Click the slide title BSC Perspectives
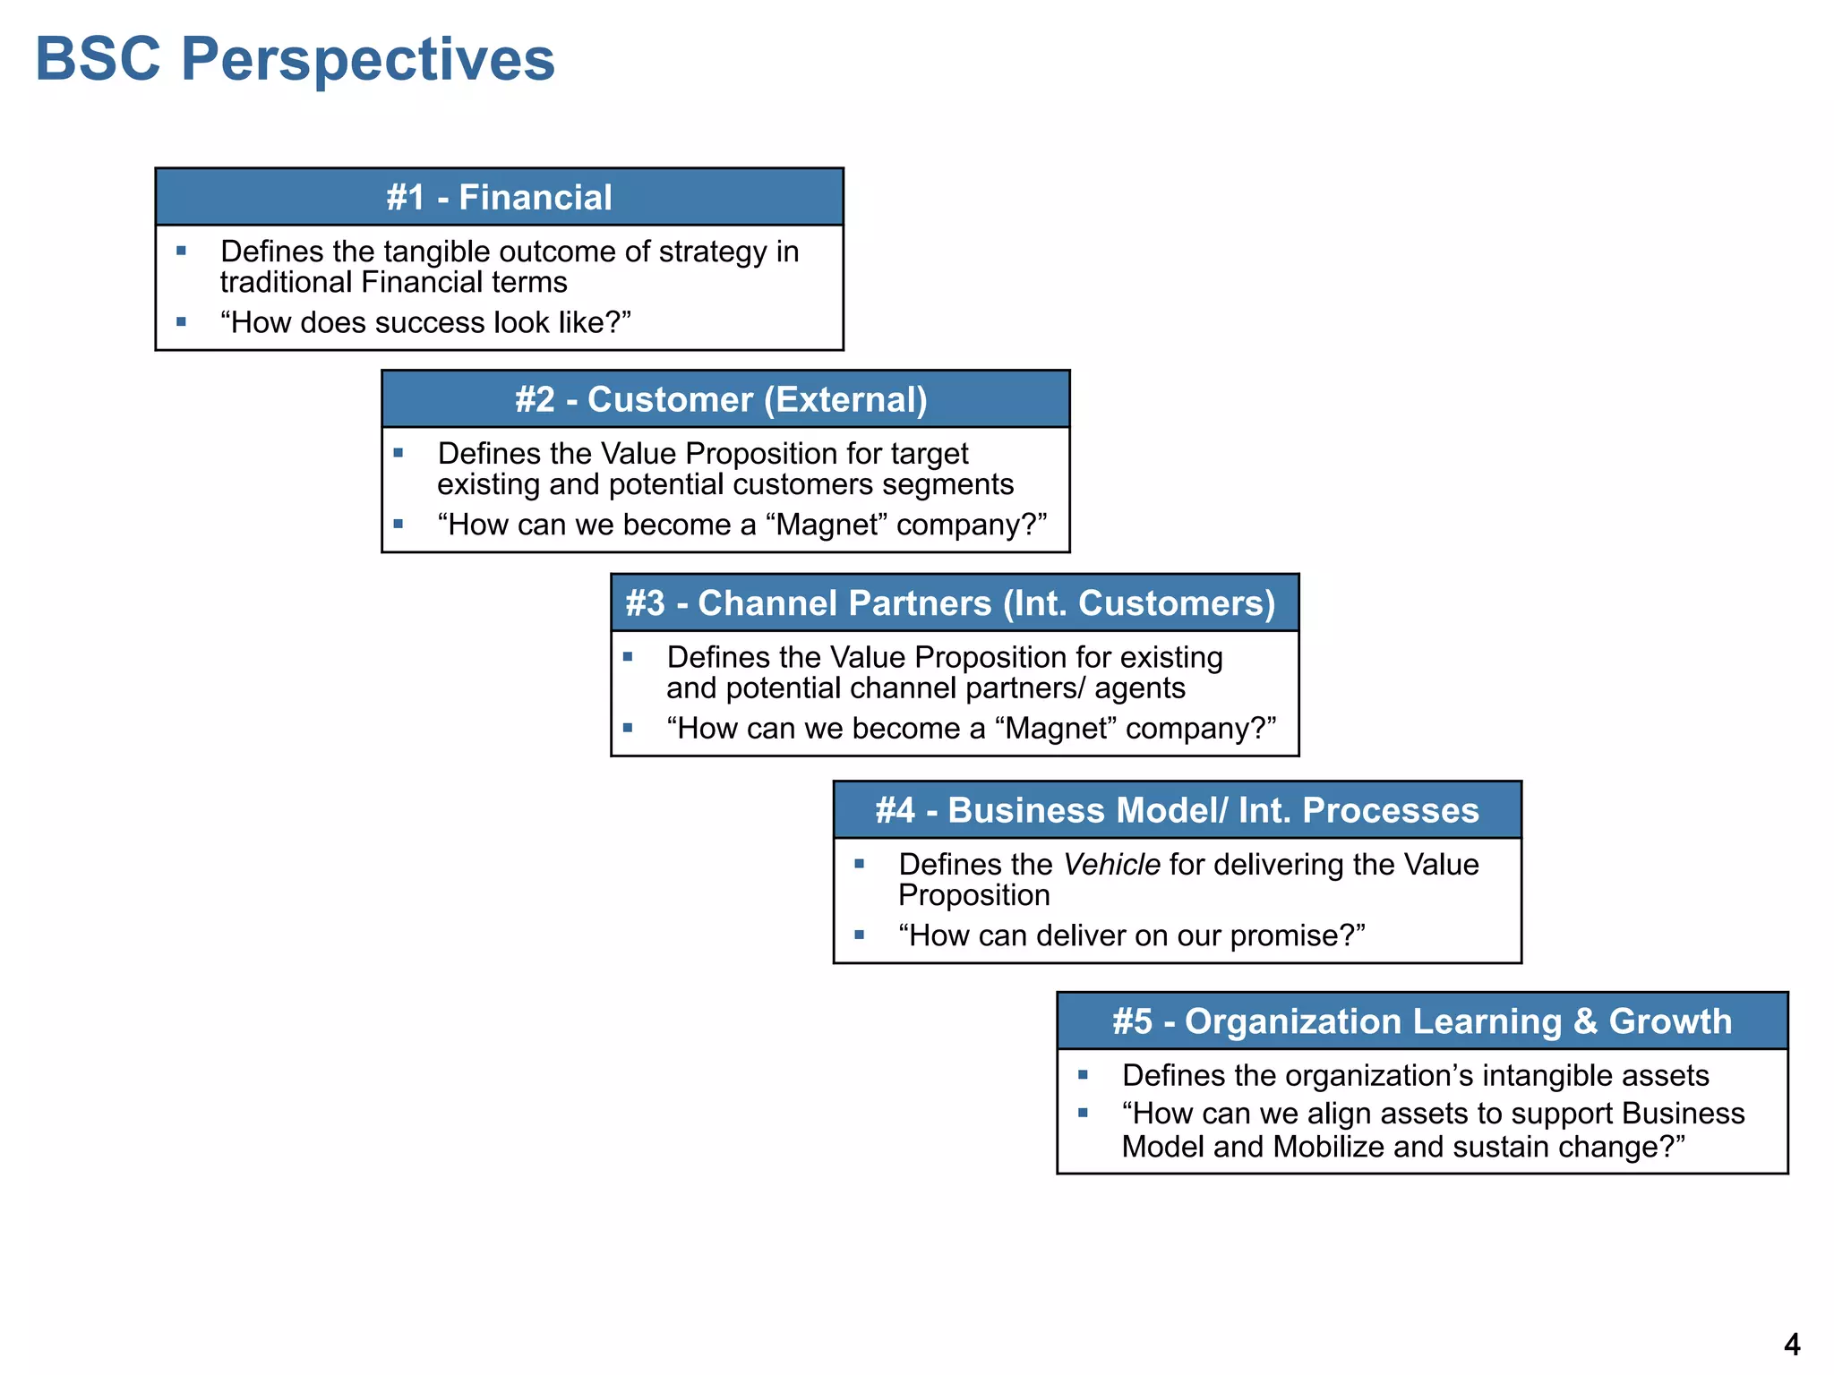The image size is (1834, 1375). tap(295, 60)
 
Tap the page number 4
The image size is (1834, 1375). tap(1791, 1344)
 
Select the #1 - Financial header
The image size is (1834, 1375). tap(499, 197)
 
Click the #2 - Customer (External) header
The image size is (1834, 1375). tap(724, 399)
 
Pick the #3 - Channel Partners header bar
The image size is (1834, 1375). tap(954, 602)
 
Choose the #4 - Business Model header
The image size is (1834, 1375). tap(1177, 810)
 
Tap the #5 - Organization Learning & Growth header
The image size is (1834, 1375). tap(1422, 1021)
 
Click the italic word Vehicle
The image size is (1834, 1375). tap(1111, 865)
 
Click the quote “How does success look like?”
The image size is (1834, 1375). tap(425, 322)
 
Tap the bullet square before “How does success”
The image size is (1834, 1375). tap(182, 321)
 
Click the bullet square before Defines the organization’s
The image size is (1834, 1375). tap(1083, 1074)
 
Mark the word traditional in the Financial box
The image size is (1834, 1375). tap(286, 283)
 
